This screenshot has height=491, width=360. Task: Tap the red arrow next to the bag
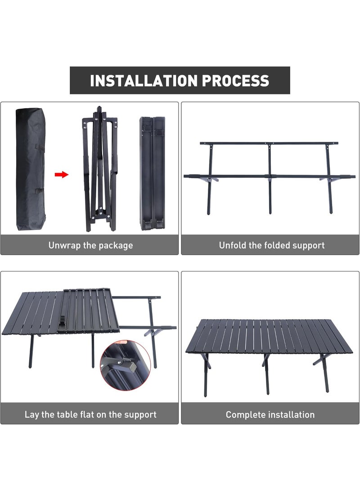(62, 174)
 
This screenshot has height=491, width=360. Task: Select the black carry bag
(31, 169)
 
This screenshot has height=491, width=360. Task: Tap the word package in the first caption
(116, 245)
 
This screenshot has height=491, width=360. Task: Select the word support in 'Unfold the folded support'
(307, 245)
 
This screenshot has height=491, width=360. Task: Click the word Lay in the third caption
(32, 414)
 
